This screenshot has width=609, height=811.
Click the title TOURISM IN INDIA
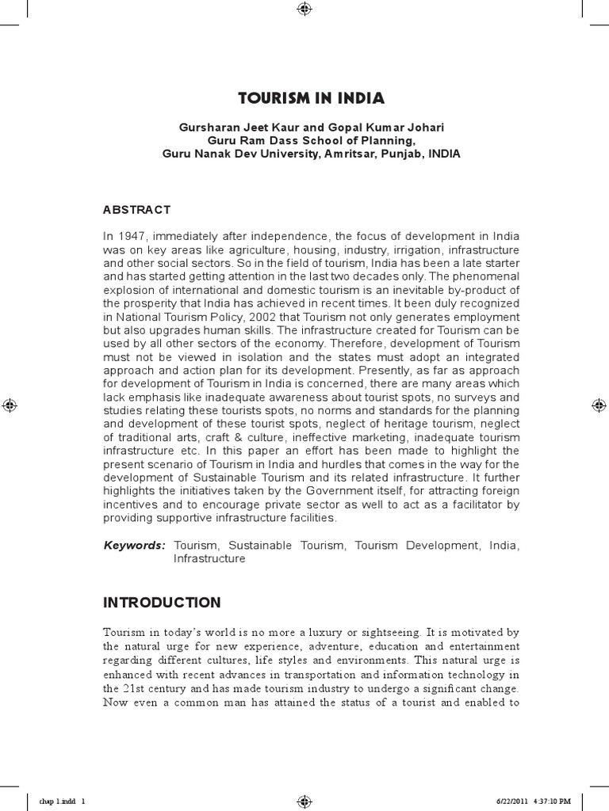tap(311, 99)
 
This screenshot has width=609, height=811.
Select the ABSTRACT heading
tap(136, 210)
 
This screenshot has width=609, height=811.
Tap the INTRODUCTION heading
tap(162, 603)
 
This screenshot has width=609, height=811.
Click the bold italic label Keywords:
tap(135, 546)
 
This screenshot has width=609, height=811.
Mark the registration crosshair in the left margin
tap(10, 405)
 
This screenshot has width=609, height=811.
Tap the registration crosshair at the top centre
tap(304, 10)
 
